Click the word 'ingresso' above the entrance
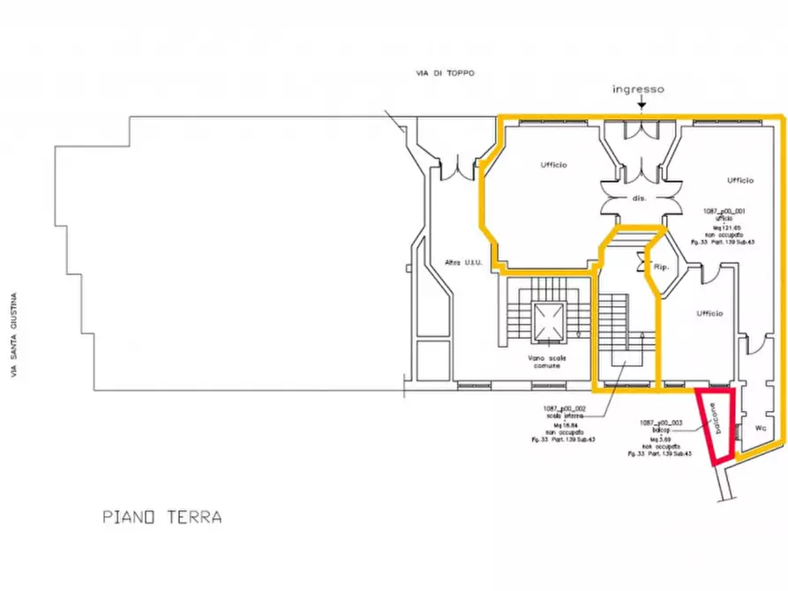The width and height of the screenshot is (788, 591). [x=639, y=89]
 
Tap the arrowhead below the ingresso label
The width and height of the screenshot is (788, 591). [x=641, y=107]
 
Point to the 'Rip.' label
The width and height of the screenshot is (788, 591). [x=661, y=266]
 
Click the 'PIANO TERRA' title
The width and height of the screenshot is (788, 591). [x=161, y=517]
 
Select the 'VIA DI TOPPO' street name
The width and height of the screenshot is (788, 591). [x=447, y=73]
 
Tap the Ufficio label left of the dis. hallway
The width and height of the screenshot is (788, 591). [x=553, y=165]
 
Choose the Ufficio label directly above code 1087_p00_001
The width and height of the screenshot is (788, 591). [x=739, y=180]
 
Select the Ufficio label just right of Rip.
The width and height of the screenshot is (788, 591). [x=709, y=313]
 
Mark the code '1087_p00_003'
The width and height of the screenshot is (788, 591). [x=662, y=423]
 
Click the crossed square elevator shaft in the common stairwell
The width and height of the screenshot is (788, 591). [x=548, y=321]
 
